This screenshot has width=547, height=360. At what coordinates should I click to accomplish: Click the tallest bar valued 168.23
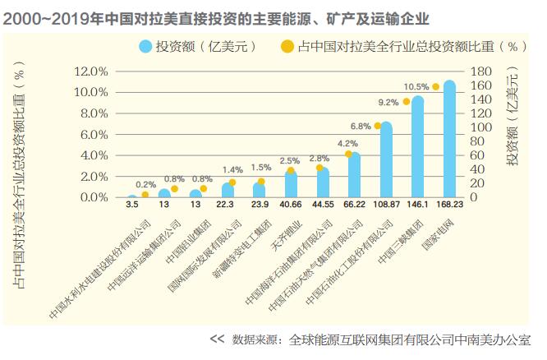tap(449, 140)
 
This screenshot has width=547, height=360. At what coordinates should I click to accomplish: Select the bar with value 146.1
tap(417, 148)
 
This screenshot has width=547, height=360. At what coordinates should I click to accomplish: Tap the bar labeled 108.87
tap(386, 160)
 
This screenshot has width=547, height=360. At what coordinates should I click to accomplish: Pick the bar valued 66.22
tap(354, 175)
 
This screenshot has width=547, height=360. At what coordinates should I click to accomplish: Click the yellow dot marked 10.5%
tap(436, 86)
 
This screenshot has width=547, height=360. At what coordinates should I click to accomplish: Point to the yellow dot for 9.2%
tap(406, 102)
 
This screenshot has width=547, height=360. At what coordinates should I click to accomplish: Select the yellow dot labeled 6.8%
tap(377, 126)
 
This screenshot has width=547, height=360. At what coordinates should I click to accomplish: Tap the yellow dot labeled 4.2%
tap(347, 154)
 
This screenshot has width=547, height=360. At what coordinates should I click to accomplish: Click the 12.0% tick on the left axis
tap(91, 72)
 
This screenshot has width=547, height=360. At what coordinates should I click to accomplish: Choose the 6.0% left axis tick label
tap(94, 134)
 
